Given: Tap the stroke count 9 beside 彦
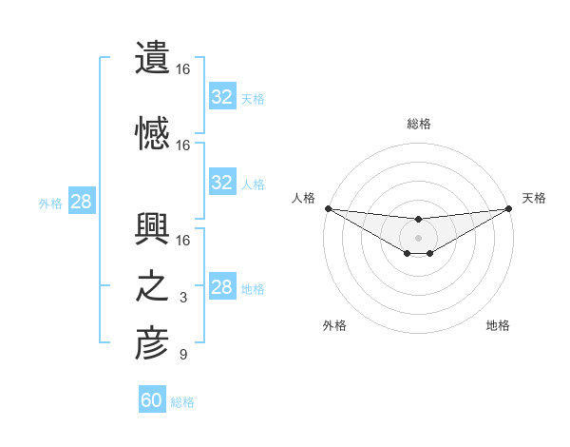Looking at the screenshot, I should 183,356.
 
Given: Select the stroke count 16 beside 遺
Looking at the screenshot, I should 183,69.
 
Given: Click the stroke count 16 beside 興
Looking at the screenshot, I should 183,239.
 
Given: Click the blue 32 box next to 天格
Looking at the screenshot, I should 222,97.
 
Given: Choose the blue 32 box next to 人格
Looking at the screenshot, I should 222,183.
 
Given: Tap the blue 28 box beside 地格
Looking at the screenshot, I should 222,287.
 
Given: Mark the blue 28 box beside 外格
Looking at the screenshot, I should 81,202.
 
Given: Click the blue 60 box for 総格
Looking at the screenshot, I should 152,400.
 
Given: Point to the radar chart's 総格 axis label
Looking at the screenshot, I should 419,124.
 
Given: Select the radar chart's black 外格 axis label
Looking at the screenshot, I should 334,325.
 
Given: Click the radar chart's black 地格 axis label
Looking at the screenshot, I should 498,325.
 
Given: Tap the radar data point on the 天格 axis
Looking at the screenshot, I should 508,208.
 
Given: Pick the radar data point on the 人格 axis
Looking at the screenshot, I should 328,208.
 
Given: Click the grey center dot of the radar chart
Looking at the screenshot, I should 418,237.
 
